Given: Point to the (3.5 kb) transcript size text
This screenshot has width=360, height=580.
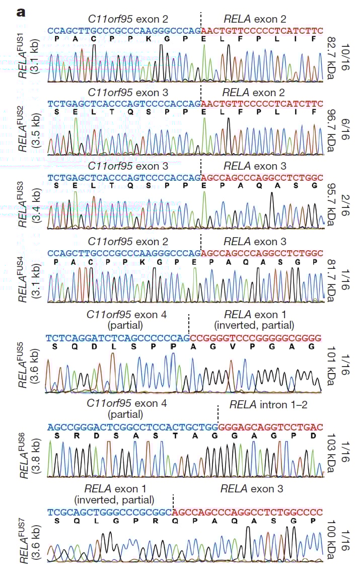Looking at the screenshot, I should (x=36, y=130).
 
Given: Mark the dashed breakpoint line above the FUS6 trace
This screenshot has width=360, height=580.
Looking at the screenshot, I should (x=218, y=413).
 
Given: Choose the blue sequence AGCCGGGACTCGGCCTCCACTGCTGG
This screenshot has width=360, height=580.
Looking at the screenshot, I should (x=132, y=427).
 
